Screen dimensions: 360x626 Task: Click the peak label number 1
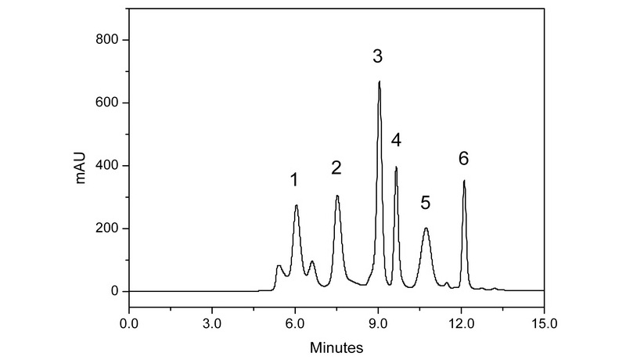(x=294, y=180)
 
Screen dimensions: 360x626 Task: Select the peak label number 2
(x=336, y=167)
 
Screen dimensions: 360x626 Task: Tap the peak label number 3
(x=377, y=56)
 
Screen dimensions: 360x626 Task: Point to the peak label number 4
(x=396, y=140)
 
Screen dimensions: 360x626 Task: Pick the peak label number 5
(x=425, y=203)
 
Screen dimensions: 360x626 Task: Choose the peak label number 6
(x=463, y=159)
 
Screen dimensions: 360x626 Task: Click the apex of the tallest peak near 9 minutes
(x=379, y=81)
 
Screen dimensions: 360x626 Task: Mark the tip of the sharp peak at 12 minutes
(x=464, y=181)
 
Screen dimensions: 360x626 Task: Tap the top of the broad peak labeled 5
(x=426, y=229)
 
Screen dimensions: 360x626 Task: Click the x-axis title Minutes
(x=336, y=345)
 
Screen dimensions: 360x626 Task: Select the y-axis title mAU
(x=81, y=166)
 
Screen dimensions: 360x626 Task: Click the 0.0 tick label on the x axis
(x=128, y=322)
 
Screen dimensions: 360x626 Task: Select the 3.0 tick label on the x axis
(x=211, y=322)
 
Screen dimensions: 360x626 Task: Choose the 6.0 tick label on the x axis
(x=295, y=322)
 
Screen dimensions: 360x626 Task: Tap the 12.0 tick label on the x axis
(x=461, y=322)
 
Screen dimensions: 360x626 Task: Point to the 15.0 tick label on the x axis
(x=544, y=322)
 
